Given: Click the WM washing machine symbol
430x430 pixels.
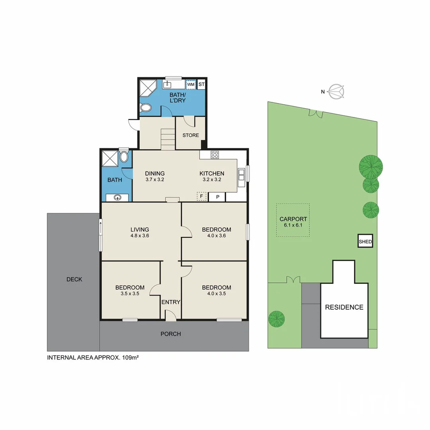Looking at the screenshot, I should (191, 84).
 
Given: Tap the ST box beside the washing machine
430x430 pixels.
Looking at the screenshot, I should (201, 84).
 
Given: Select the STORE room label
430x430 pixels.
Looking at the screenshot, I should (191, 135).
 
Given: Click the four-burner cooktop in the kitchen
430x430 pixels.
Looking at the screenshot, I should (215, 155).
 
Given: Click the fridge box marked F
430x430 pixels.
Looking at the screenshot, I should (202, 196).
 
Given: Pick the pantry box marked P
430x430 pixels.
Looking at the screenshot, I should (217, 197).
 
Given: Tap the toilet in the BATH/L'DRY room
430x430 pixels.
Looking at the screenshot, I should (146, 107).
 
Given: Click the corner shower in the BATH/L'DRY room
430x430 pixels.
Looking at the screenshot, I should (147, 87).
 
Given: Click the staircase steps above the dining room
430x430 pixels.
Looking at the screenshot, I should (168, 139).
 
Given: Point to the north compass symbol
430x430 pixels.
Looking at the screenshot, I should (337, 92).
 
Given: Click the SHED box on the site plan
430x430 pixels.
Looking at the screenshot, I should (365, 241).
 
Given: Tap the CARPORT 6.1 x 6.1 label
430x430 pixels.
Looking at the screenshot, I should (293, 222).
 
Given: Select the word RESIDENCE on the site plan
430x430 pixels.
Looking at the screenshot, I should (344, 307).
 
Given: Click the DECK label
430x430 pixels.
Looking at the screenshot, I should (74, 279).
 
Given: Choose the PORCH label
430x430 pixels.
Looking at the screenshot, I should (170, 334).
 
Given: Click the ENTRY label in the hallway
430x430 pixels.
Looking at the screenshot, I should (171, 302).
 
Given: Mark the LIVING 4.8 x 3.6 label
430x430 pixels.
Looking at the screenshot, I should (140, 233).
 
